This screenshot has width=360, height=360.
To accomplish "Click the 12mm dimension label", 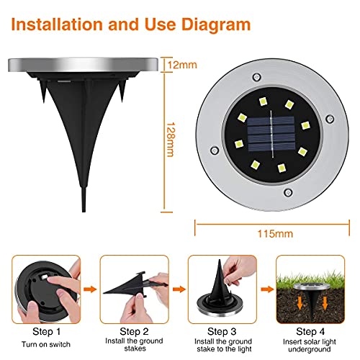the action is [x=182, y=65].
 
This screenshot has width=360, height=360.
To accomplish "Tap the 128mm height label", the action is [x=171, y=140].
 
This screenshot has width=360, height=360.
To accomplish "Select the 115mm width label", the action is [x=275, y=233].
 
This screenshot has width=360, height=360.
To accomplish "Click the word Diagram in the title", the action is [x=216, y=24].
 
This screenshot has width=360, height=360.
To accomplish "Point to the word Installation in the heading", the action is [x=57, y=24].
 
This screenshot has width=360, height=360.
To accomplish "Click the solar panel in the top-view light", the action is [x=271, y=134].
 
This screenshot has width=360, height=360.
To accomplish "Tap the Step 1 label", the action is [x=46, y=332].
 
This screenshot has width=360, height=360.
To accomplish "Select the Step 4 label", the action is [x=310, y=331].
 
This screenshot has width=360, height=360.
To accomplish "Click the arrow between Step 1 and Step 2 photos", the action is [x=90, y=289].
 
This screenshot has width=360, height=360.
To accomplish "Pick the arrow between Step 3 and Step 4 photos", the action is [x=267, y=289].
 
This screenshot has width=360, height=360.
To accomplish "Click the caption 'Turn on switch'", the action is [x=46, y=344].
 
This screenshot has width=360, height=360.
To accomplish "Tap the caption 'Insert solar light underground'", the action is [x=310, y=346].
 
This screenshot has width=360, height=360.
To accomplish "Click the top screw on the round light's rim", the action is [x=256, y=78].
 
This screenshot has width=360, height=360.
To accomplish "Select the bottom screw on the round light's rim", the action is [x=288, y=192].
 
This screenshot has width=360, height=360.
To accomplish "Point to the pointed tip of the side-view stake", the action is [x=84, y=212].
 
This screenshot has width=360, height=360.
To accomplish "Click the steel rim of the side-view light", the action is [x=83, y=64].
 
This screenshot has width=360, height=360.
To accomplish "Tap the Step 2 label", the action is [x=134, y=331].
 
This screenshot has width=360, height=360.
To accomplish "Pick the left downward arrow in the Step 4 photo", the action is [x=300, y=303].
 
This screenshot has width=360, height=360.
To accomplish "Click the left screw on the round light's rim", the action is [x=214, y=150].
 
